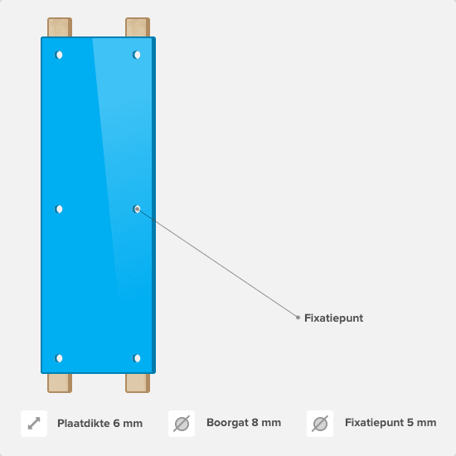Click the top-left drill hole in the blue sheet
pos(59,55)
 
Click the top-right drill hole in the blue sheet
pos(137,55)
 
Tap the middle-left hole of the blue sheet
pos(59,209)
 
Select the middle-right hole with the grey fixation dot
pos(137,209)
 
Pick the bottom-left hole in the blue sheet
pos(59,358)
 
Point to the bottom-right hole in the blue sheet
pos(137,358)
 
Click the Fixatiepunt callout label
pos(333,318)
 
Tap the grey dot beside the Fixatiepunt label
pos(298,318)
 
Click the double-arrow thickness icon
pos(34,424)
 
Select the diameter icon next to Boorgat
pos(182,424)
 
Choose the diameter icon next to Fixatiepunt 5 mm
pos(320,424)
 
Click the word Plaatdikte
pos(83,424)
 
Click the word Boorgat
pos(227,423)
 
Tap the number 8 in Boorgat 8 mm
pos(255,423)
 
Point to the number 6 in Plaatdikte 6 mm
pos(116,424)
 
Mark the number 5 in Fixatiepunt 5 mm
pos(410,423)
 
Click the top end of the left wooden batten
pos(60,18)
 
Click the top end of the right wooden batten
pos(138,18)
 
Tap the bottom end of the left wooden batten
pos(60,392)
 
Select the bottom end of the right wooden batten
pos(138,392)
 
